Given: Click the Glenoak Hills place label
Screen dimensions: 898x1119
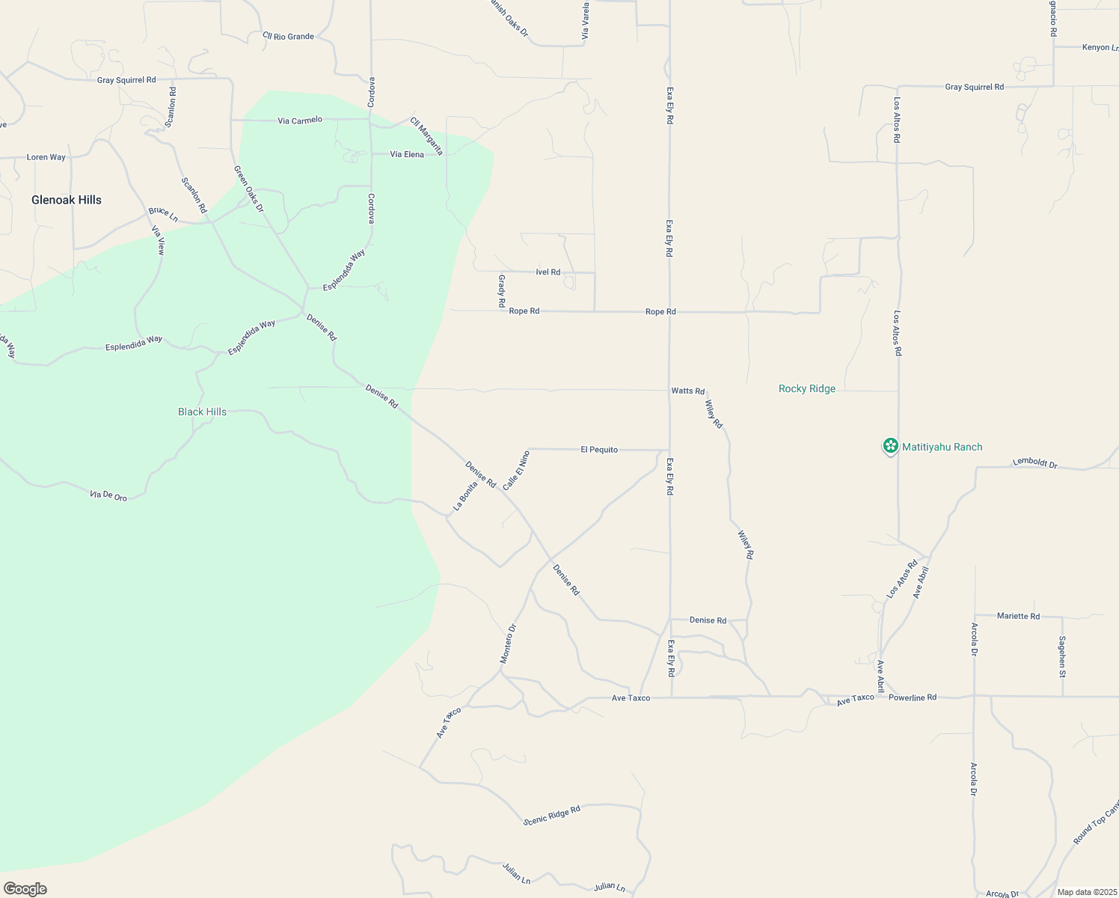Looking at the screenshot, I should point(67,200).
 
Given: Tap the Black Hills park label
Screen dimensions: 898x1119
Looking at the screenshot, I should point(202,412).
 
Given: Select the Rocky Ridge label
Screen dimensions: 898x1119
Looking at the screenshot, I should point(806,388).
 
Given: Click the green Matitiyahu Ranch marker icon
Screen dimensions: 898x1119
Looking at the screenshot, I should point(890,446).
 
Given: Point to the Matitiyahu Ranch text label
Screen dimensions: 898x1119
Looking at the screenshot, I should point(942,447).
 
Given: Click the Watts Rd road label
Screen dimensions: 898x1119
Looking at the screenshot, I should point(687,391).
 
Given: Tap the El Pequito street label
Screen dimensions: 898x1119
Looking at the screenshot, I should point(599,450).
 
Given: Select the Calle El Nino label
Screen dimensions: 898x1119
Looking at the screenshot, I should point(516,470).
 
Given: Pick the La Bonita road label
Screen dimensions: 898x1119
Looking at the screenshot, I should point(465,496).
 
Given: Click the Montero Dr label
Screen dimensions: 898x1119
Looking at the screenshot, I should point(508,644).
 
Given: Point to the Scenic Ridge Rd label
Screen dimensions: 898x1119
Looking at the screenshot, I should point(552,815).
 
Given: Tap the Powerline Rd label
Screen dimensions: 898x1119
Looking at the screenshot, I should point(912,697).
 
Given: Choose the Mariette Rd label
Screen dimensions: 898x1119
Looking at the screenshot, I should point(1018,616).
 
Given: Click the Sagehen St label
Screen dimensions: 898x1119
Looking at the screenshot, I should point(1062,656).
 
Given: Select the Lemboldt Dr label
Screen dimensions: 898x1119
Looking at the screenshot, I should point(1035,462).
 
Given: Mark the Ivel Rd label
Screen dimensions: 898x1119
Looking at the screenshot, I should point(548,272).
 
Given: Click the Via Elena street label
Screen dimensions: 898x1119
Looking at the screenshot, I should point(407,154).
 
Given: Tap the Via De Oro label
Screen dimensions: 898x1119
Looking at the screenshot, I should point(108,495).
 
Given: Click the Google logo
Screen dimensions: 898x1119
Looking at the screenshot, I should point(25,889).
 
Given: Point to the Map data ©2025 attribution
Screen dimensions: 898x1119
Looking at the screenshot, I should point(1086,892).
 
